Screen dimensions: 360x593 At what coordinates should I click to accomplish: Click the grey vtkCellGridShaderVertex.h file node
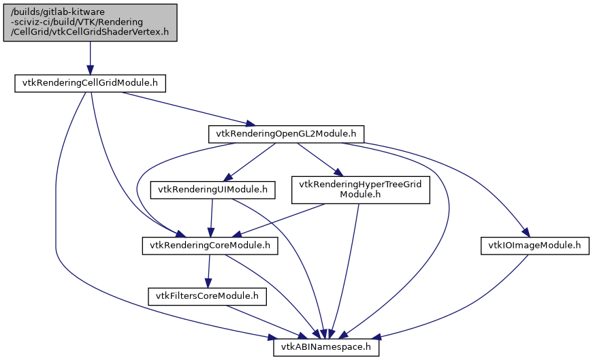(x=90, y=22)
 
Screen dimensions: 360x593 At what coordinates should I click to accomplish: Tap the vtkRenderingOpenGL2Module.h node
(x=286, y=134)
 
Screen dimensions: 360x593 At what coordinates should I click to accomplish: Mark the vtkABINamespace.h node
(x=326, y=346)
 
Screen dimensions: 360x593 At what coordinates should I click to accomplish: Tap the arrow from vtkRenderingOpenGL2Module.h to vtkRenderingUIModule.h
(x=252, y=162)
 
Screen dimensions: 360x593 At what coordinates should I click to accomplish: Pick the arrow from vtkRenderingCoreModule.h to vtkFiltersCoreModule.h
(x=208, y=271)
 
